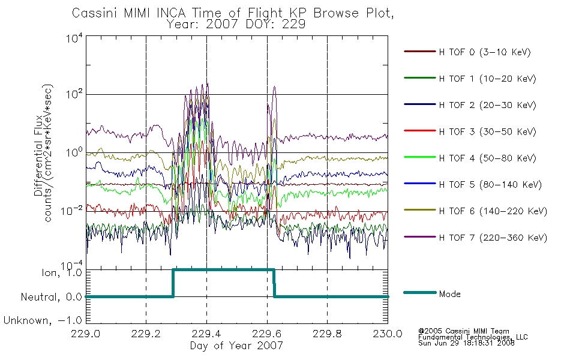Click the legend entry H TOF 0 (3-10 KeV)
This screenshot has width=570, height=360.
click(485, 52)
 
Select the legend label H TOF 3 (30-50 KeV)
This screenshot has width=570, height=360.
click(487, 131)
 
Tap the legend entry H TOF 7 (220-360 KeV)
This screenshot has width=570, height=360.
click(493, 238)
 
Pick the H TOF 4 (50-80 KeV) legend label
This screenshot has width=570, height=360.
click(487, 158)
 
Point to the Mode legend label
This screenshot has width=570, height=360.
click(449, 294)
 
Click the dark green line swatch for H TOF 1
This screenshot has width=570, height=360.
click(419, 78)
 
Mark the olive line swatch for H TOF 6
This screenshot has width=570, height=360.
click(419, 210)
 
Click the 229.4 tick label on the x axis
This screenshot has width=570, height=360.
click(206, 334)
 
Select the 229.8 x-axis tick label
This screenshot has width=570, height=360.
click(327, 334)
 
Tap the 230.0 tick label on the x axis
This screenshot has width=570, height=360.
click(388, 334)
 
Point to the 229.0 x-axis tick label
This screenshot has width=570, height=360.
click(86, 334)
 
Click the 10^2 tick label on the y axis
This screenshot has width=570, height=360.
click(74, 94)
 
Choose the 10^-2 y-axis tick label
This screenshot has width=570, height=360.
click(72, 210)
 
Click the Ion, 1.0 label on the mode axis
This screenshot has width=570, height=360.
click(61, 272)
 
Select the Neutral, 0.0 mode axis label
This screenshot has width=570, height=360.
click(51, 297)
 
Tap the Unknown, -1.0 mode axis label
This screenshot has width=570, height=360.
click(43, 320)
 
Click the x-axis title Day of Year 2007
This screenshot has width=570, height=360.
click(236, 346)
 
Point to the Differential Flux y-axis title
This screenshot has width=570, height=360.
click(38, 155)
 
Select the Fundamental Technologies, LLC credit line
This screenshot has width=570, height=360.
click(473, 337)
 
